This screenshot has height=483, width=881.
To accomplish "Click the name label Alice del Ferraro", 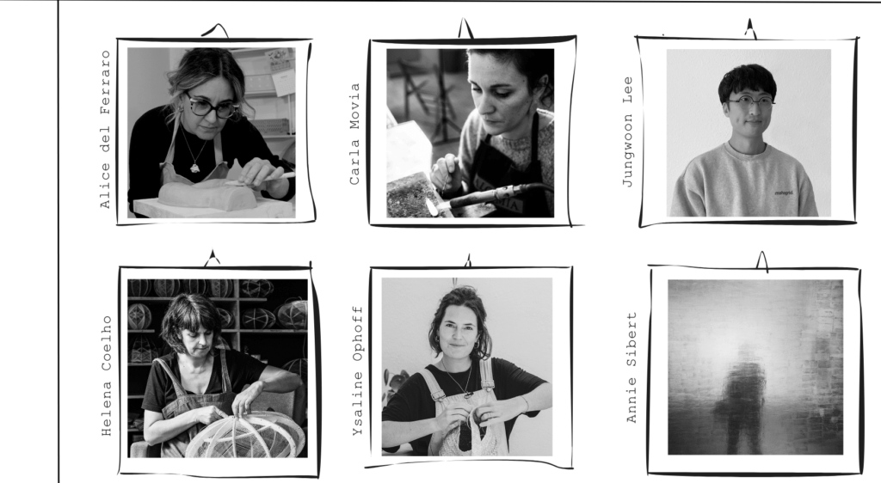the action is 105,130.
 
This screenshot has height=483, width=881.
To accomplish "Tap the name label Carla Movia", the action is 354,134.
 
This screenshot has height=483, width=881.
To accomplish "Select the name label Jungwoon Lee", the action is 627,131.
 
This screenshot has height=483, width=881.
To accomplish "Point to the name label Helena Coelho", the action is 107,376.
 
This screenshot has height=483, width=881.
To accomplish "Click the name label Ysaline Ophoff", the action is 357,370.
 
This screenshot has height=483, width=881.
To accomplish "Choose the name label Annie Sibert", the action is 631,368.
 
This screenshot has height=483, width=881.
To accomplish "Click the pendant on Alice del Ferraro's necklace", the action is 194,168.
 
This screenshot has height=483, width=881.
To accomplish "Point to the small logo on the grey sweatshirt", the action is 783,193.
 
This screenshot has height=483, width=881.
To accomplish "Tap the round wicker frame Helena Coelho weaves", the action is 245,434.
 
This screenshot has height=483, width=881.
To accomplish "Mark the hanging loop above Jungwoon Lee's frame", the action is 750,29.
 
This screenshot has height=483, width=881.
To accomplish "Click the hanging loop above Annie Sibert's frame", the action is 762,261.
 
